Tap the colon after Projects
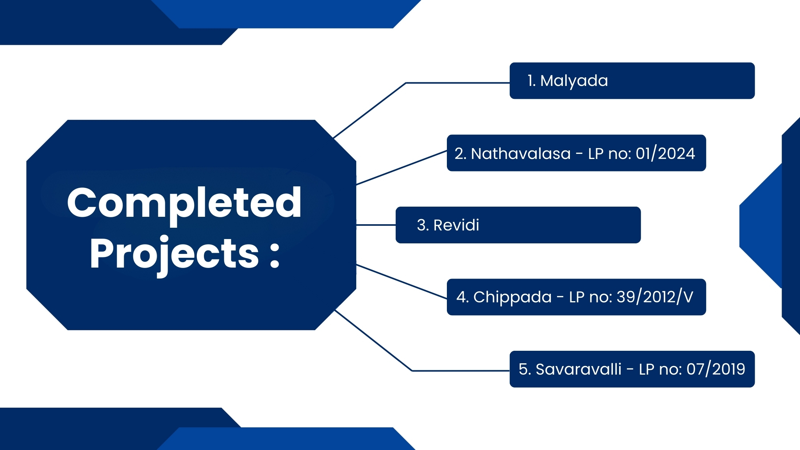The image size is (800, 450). pos(275,255)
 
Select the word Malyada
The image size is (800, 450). pos(574,81)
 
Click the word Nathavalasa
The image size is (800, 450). pos(521,154)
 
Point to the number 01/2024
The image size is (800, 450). pos(665,154)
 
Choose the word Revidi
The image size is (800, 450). pos(456,225)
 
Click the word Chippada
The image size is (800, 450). pos(512,298)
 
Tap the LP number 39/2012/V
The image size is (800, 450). pos(655,297)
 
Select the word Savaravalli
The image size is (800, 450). pos(578,369)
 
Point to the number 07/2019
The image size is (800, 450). pos(716,369)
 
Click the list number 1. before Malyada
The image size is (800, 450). pos(531,81)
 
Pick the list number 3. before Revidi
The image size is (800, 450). pos(423,225)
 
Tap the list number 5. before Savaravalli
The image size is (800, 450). pos(525,369)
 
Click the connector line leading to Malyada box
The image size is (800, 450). pos(406,83)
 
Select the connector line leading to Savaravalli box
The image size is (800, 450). pos(412,371)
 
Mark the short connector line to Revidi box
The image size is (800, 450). pos(376,225)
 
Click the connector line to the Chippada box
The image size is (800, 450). pos(402,282)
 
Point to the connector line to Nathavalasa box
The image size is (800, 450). pos(402,168)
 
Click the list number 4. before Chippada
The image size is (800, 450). pos(462,297)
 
